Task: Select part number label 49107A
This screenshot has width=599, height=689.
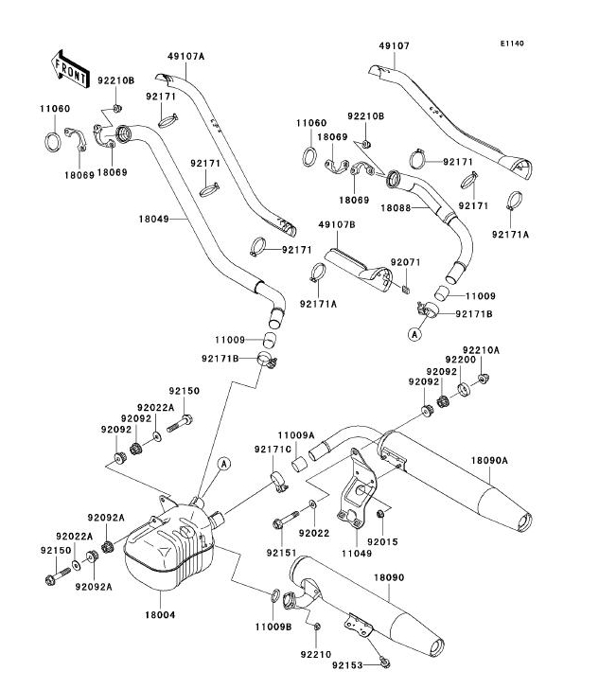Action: coord(185,57)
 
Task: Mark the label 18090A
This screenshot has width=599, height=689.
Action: coord(490,460)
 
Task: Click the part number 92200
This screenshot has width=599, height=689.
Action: coord(462,361)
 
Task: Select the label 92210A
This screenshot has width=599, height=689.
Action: coord(482,350)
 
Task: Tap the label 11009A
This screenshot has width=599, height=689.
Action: coord(295,435)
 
